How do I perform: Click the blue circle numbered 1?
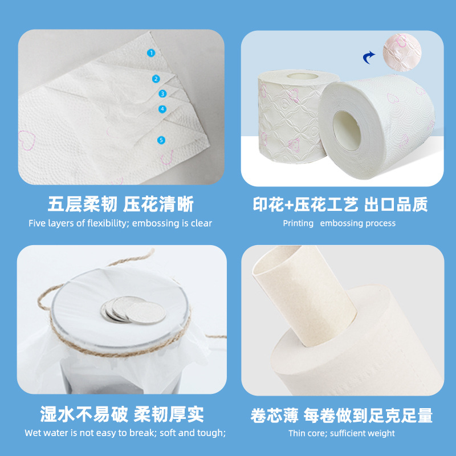pyautogui.click(x=151, y=53)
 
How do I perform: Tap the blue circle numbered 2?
pyautogui.click(x=156, y=79)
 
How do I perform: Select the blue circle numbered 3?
pyautogui.click(x=162, y=93)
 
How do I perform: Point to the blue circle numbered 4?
pyautogui.click(x=162, y=109)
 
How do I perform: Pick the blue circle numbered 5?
pyautogui.click(x=161, y=140)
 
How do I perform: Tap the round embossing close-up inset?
pyautogui.click(x=402, y=52)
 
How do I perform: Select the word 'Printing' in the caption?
pyautogui.click(x=298, y=223)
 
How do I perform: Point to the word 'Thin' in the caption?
pyautogui.click(x=298, y=433)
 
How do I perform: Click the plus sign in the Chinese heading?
pyautogui.click(x=288, y=205)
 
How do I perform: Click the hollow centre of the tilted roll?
pyautogui.click(x=347, y=131)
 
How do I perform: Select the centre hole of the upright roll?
pyautogui.click(x=303, y=76)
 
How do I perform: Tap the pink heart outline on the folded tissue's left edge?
pyautogui.click(x=27, y=140)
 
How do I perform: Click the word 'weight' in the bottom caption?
pyautogui.click(x=381, y=433)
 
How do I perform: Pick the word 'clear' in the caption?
pyautogui.click(x=201, y=223)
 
